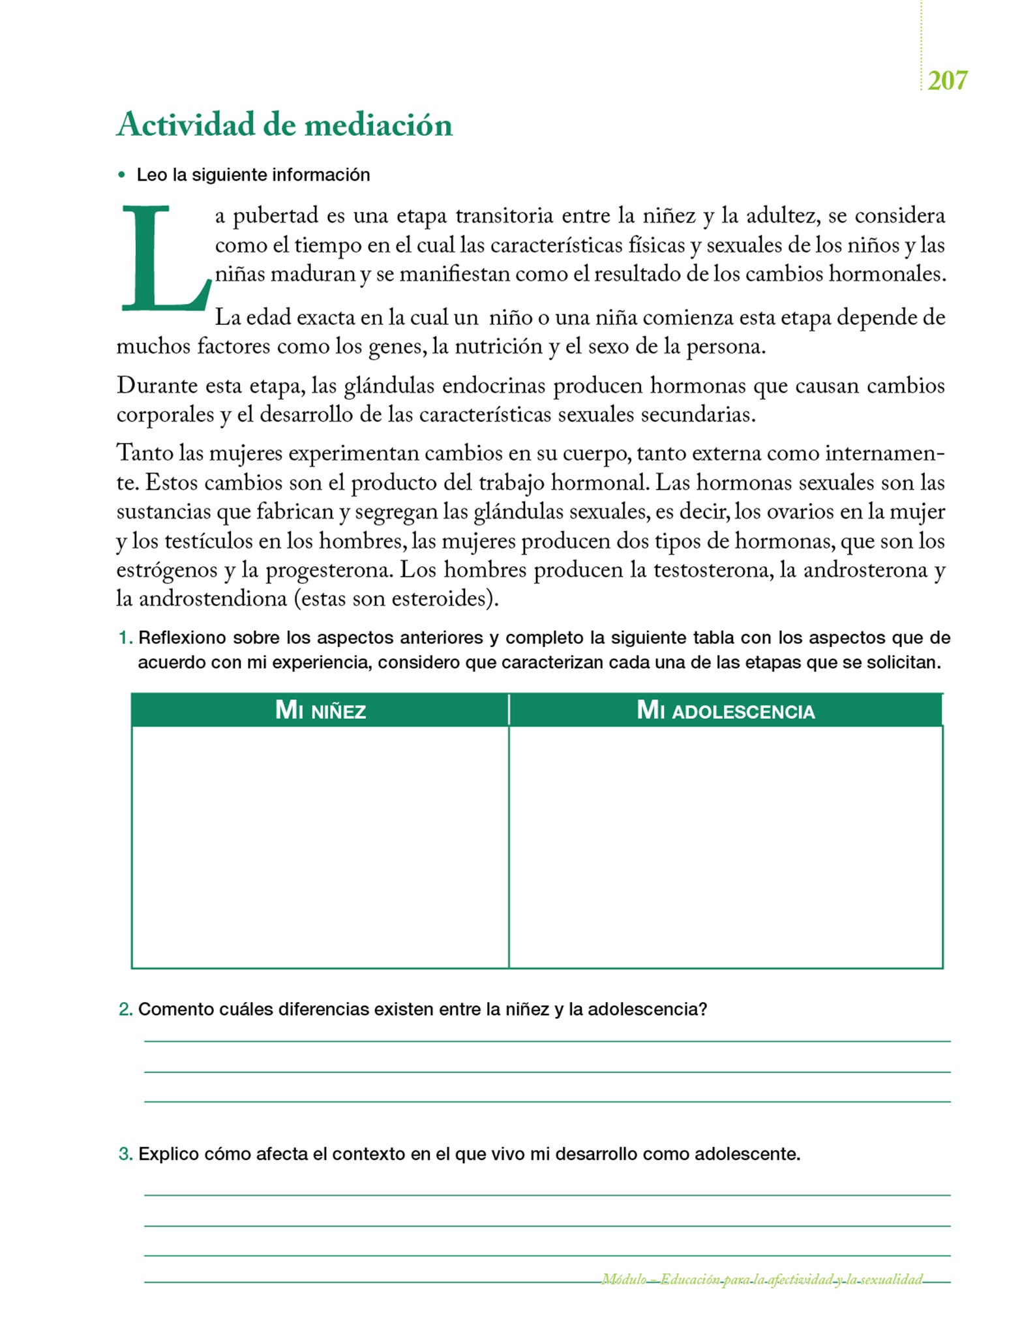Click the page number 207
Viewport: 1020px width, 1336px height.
(947, 80)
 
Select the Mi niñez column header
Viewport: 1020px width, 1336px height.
(320, 710)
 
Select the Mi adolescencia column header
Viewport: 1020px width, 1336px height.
(725, 710)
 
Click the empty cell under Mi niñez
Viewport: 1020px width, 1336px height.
(320, 846)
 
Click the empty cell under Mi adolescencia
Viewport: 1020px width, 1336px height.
(725, 846)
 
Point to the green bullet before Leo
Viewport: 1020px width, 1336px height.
(121, 175)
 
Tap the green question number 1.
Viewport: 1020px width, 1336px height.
(125, 637)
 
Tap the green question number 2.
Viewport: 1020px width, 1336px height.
(125, 1009)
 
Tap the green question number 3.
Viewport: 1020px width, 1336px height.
(125, 1154)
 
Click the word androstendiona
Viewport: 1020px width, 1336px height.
(213, 599)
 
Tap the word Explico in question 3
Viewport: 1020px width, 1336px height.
(168, 1154)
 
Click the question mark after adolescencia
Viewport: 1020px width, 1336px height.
(702, 1009)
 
